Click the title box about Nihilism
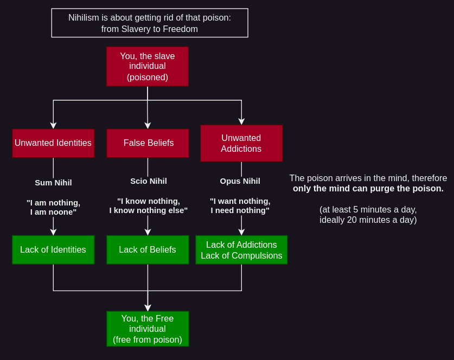pyautogui.click(x=150, y=23)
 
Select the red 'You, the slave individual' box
pyautogui.click(x=148, y=66)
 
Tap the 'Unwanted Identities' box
pyautogui.click(x=53, y=143)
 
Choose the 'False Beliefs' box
pyautogui.click(x=148, y=143)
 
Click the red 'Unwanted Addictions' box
pyautogui.click(x=241, y=143)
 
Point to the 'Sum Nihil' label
pyautogui.click(x=53, y=182)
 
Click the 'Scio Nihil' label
pyautogui.click(x=148, y=181)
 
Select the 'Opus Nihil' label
pyautogui.click(x=240, y=181)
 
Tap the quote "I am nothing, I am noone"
pyautogui.click(x=53, y=207)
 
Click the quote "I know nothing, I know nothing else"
pyautogui.click(x=148, y=205)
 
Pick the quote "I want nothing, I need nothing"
pyautogui.click(x=240, y=205)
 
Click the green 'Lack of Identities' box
pyautogui.click(x=53, y=250)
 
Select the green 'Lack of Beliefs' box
pyautogui.click(x=148, y=250)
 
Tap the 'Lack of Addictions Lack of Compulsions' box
pyautogui.click(x=241, y=250)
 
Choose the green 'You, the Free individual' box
pyautogui.click(x=148, y=329)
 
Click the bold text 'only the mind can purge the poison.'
pyautogui.click(x=368, y=189)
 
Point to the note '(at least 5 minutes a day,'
pyautogui.click(x=368, y=209)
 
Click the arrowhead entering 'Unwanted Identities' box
pyautogui.click(x=53, y=125)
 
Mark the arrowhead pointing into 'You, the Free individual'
pyautogui.click(x=148, y=308)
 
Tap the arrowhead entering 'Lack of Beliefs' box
pyautogui.click(x=148, y=232)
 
